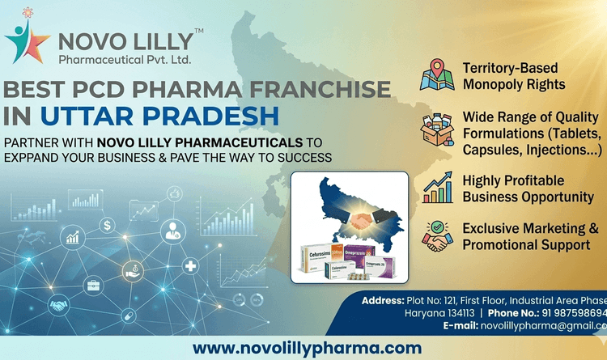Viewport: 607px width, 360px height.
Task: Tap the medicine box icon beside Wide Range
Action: (437, 129)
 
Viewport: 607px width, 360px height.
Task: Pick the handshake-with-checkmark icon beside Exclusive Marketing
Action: (437, 235)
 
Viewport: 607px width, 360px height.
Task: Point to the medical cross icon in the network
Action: (191, 265)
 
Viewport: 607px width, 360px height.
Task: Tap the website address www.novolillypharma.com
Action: (307, 348)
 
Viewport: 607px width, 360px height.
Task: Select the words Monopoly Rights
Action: (514, 84)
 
